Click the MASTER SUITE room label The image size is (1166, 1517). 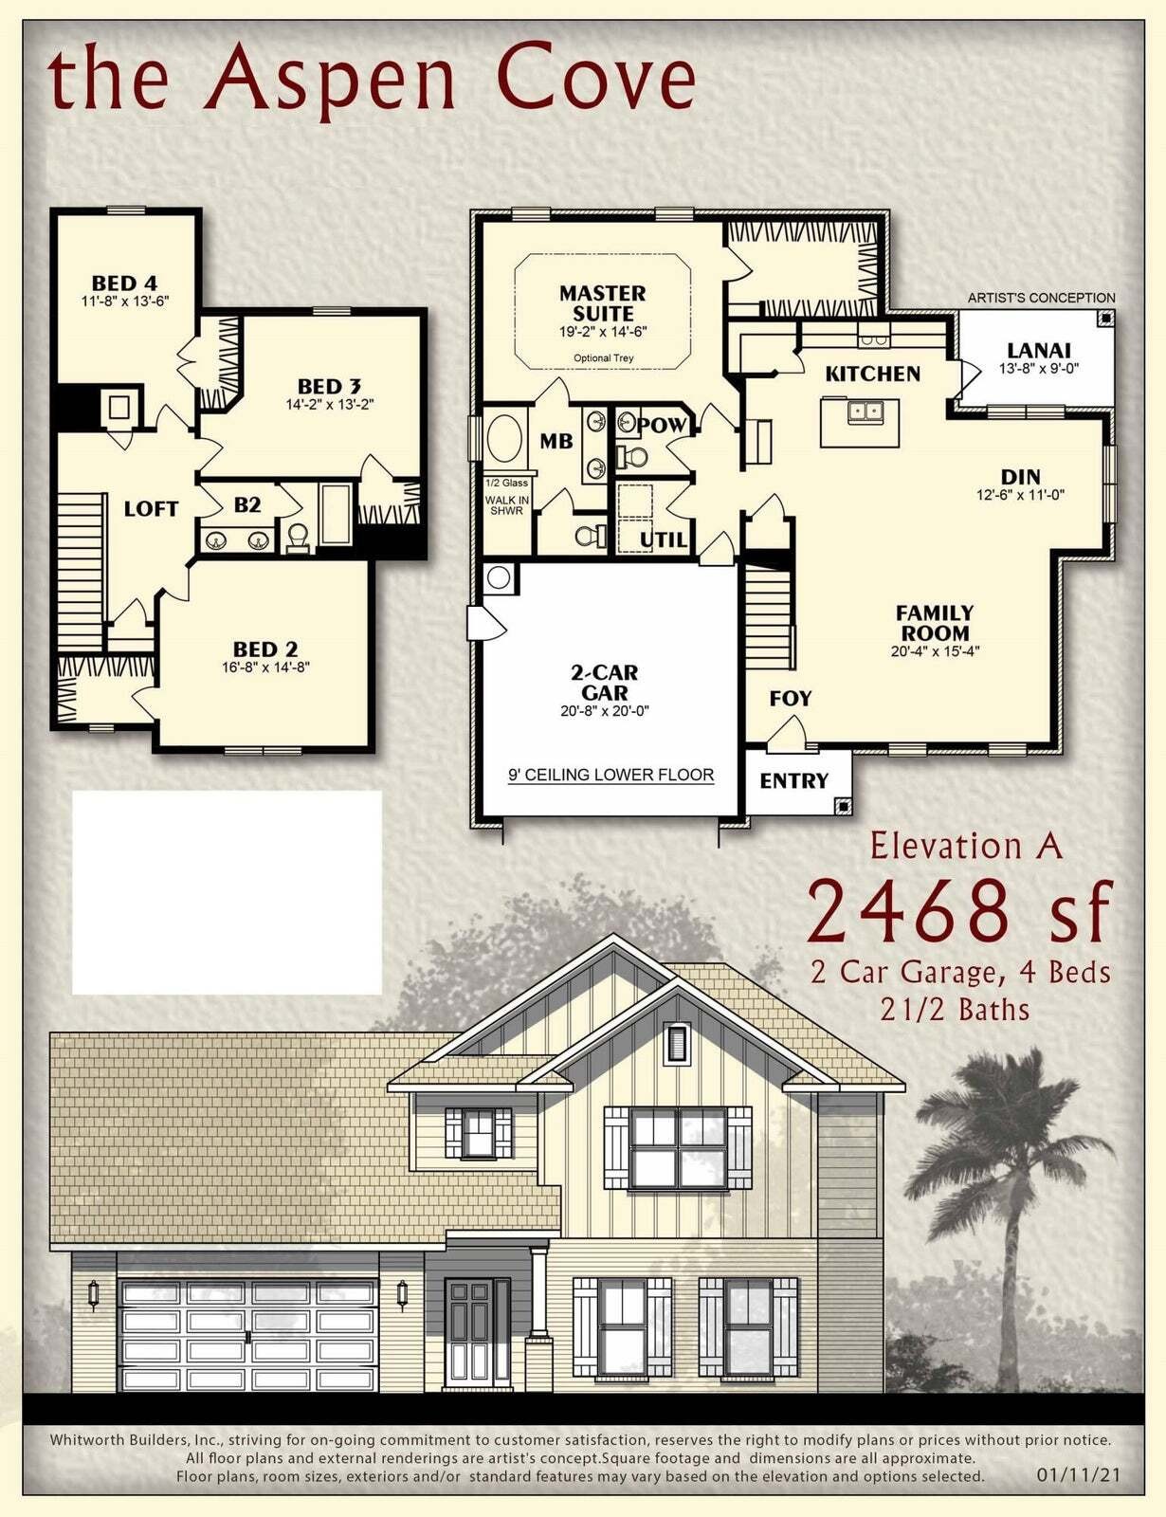tap(602, 302)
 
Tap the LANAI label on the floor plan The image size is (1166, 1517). tap(1039, 350)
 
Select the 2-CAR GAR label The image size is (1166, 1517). tap(604, 683)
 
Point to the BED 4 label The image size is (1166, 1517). tap(124, 283)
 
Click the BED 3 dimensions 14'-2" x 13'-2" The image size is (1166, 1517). tap(330, 404)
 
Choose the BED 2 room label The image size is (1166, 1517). tap(265, 649)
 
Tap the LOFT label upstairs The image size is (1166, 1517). tap(151, 509)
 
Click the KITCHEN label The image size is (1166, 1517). tap(872, 374)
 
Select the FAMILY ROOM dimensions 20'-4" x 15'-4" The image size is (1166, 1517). tap(935, 651)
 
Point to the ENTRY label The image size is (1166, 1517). tap(793, 780)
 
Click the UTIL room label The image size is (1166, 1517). tap(663, 539)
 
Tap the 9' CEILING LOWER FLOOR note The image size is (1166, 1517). tap(610, 775)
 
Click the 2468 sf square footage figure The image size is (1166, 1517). tap(957, 912)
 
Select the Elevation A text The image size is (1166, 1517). tap(966, 846)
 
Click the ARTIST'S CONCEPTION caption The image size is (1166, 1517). tap(1041, 298)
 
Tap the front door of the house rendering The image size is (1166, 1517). tap(468, 1332)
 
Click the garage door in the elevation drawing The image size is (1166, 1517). tap(248, 1334)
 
